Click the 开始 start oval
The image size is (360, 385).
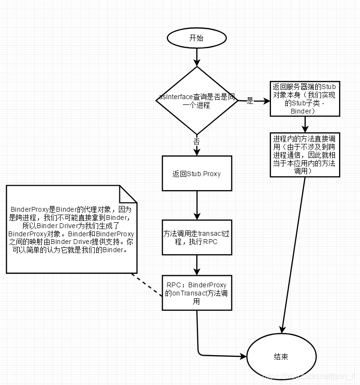point(196,38)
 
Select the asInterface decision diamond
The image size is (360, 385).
point(197,100)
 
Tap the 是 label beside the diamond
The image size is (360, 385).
point(250,101)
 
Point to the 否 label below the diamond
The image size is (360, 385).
point(196,141)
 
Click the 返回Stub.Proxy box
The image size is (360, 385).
point(197,173)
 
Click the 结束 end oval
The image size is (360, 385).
point(281,357)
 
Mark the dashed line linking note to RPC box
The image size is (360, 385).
point(147,285)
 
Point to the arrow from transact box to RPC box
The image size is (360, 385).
point(197,264)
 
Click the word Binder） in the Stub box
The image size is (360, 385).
point(303,111)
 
